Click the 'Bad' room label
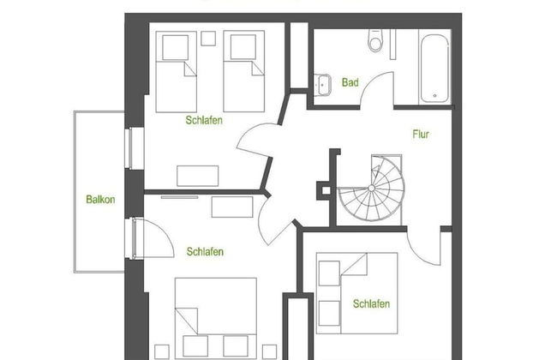coord(350,83)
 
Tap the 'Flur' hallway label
coord(420,135)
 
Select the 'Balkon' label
coord(100,200)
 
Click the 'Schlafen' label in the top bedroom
coord(204,121)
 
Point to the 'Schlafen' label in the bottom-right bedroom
coord(371,304)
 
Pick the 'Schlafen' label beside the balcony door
coord(205,252)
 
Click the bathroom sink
coord(324,84)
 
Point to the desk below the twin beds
coord(198,175)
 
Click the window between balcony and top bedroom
coord(129,146)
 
